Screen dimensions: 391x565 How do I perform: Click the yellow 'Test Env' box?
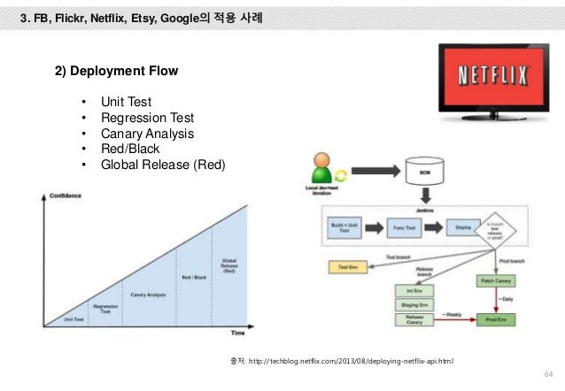[345, 265]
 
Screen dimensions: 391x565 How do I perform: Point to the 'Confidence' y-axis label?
[65, 195]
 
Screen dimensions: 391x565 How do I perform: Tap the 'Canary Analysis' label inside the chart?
[150, 294]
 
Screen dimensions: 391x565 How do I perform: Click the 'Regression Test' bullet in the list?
[147, 118]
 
